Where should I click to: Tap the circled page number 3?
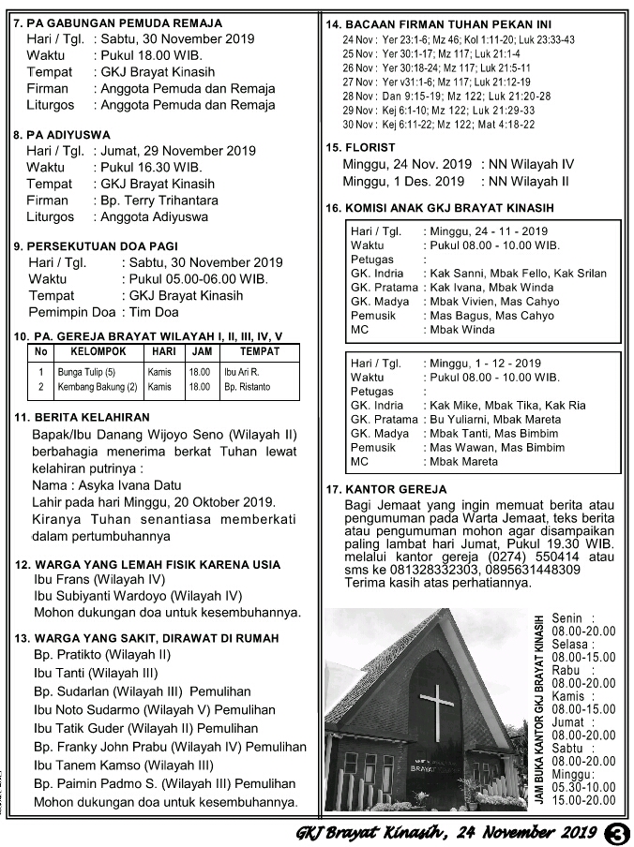(x=616, y=833)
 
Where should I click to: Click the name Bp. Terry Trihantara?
(x=153, y=201)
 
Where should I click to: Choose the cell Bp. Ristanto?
(x=247, y=386)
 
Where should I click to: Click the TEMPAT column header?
(x=259, y=352)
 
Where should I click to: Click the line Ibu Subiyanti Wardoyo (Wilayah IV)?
(x=138, y=596)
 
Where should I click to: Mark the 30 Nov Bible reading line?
(x=439, y=124)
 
